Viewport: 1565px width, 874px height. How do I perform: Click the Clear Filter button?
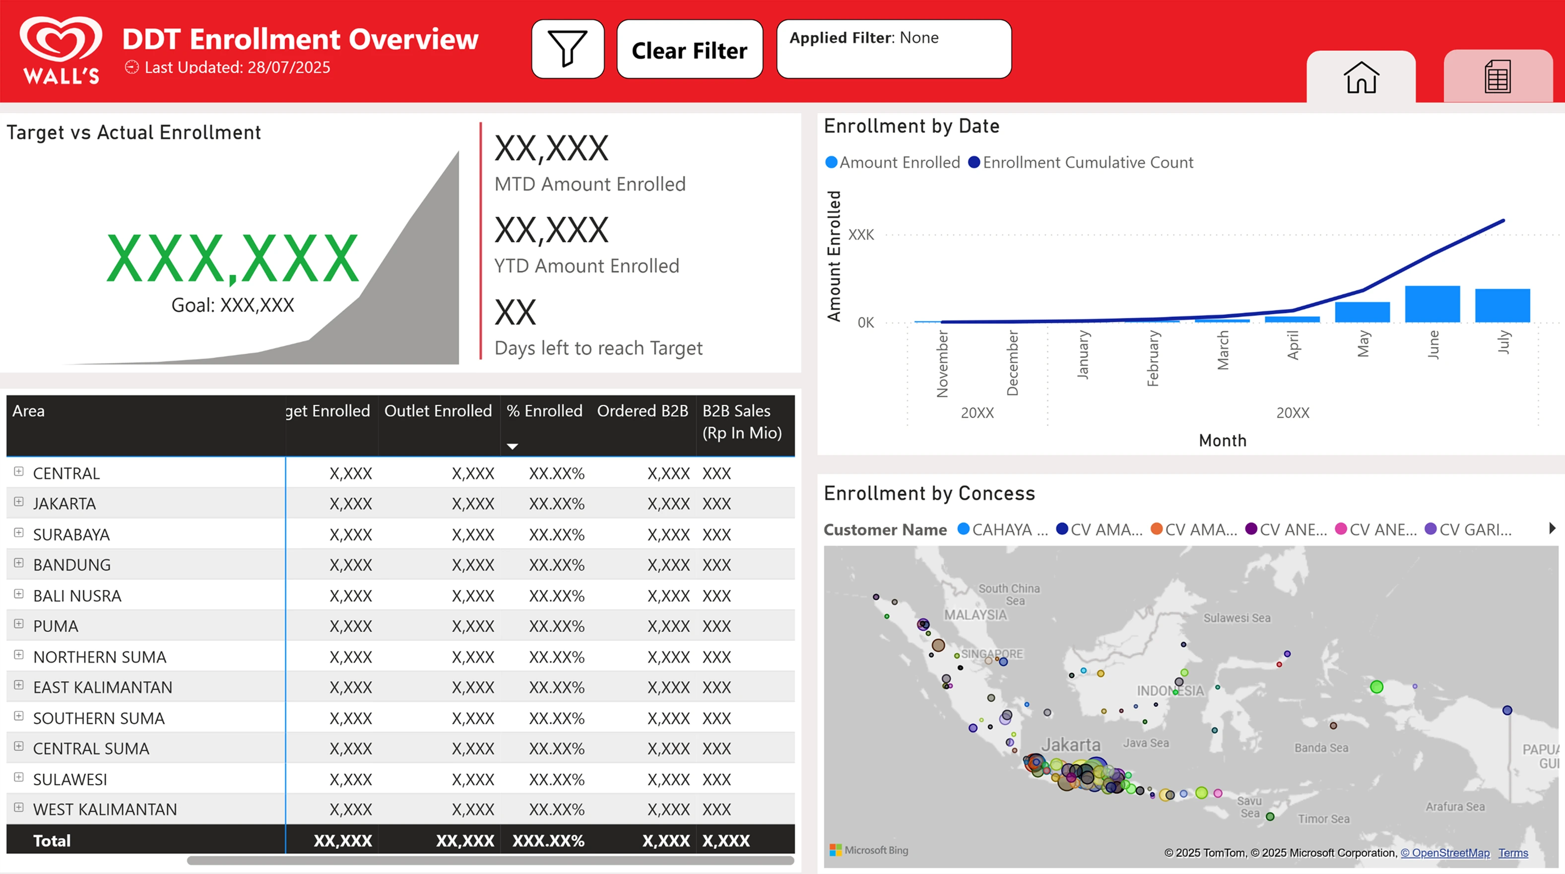click(x=690, y=49)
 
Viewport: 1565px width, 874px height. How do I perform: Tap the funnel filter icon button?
click(x=568, y=49)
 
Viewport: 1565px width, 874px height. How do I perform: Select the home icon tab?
click(x=1361, y=77)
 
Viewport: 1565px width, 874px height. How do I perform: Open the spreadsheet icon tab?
click(x=1498, y=77)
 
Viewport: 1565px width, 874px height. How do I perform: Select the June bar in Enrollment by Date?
click(x=1432, y=304)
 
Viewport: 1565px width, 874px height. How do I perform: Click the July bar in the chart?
click(x=1502, y=306)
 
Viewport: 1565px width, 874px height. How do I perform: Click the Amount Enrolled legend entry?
click(x=893, y=163)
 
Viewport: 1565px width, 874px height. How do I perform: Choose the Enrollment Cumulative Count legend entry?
click(x=1081, y=163)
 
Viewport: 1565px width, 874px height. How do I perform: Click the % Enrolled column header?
click(x=544, y=411)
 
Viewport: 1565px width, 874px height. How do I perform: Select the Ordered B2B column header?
click(x=642, y=411)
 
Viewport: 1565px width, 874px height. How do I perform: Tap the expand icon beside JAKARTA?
click(x=19, y=502)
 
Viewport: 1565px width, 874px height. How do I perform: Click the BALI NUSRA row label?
click(x=77, y=596)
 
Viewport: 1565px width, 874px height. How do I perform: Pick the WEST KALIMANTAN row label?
click(x=105, y=809)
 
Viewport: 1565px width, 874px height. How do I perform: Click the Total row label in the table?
click(x=52, y=841)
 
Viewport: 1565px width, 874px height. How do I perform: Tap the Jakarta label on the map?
click(x=1070, y=745)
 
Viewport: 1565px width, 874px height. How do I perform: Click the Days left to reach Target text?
click(x=598, y=348)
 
